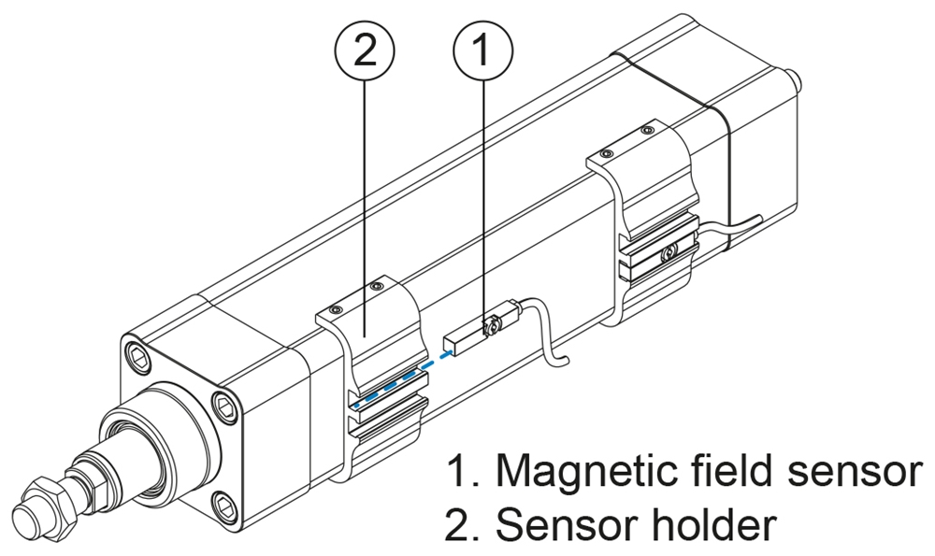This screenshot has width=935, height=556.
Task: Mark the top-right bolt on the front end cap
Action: (225, 403)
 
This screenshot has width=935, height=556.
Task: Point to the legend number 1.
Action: (456, 473)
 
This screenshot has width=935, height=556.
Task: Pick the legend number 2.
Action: (458, 525)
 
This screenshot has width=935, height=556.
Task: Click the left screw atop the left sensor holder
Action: (335, 308)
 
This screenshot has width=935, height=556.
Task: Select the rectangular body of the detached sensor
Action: (462, 337)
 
